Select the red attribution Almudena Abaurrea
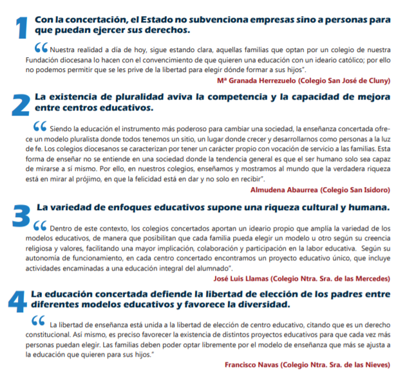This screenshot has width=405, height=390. click(x=279, y=190)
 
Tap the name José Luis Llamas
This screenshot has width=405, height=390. click(x=245, y=279)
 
